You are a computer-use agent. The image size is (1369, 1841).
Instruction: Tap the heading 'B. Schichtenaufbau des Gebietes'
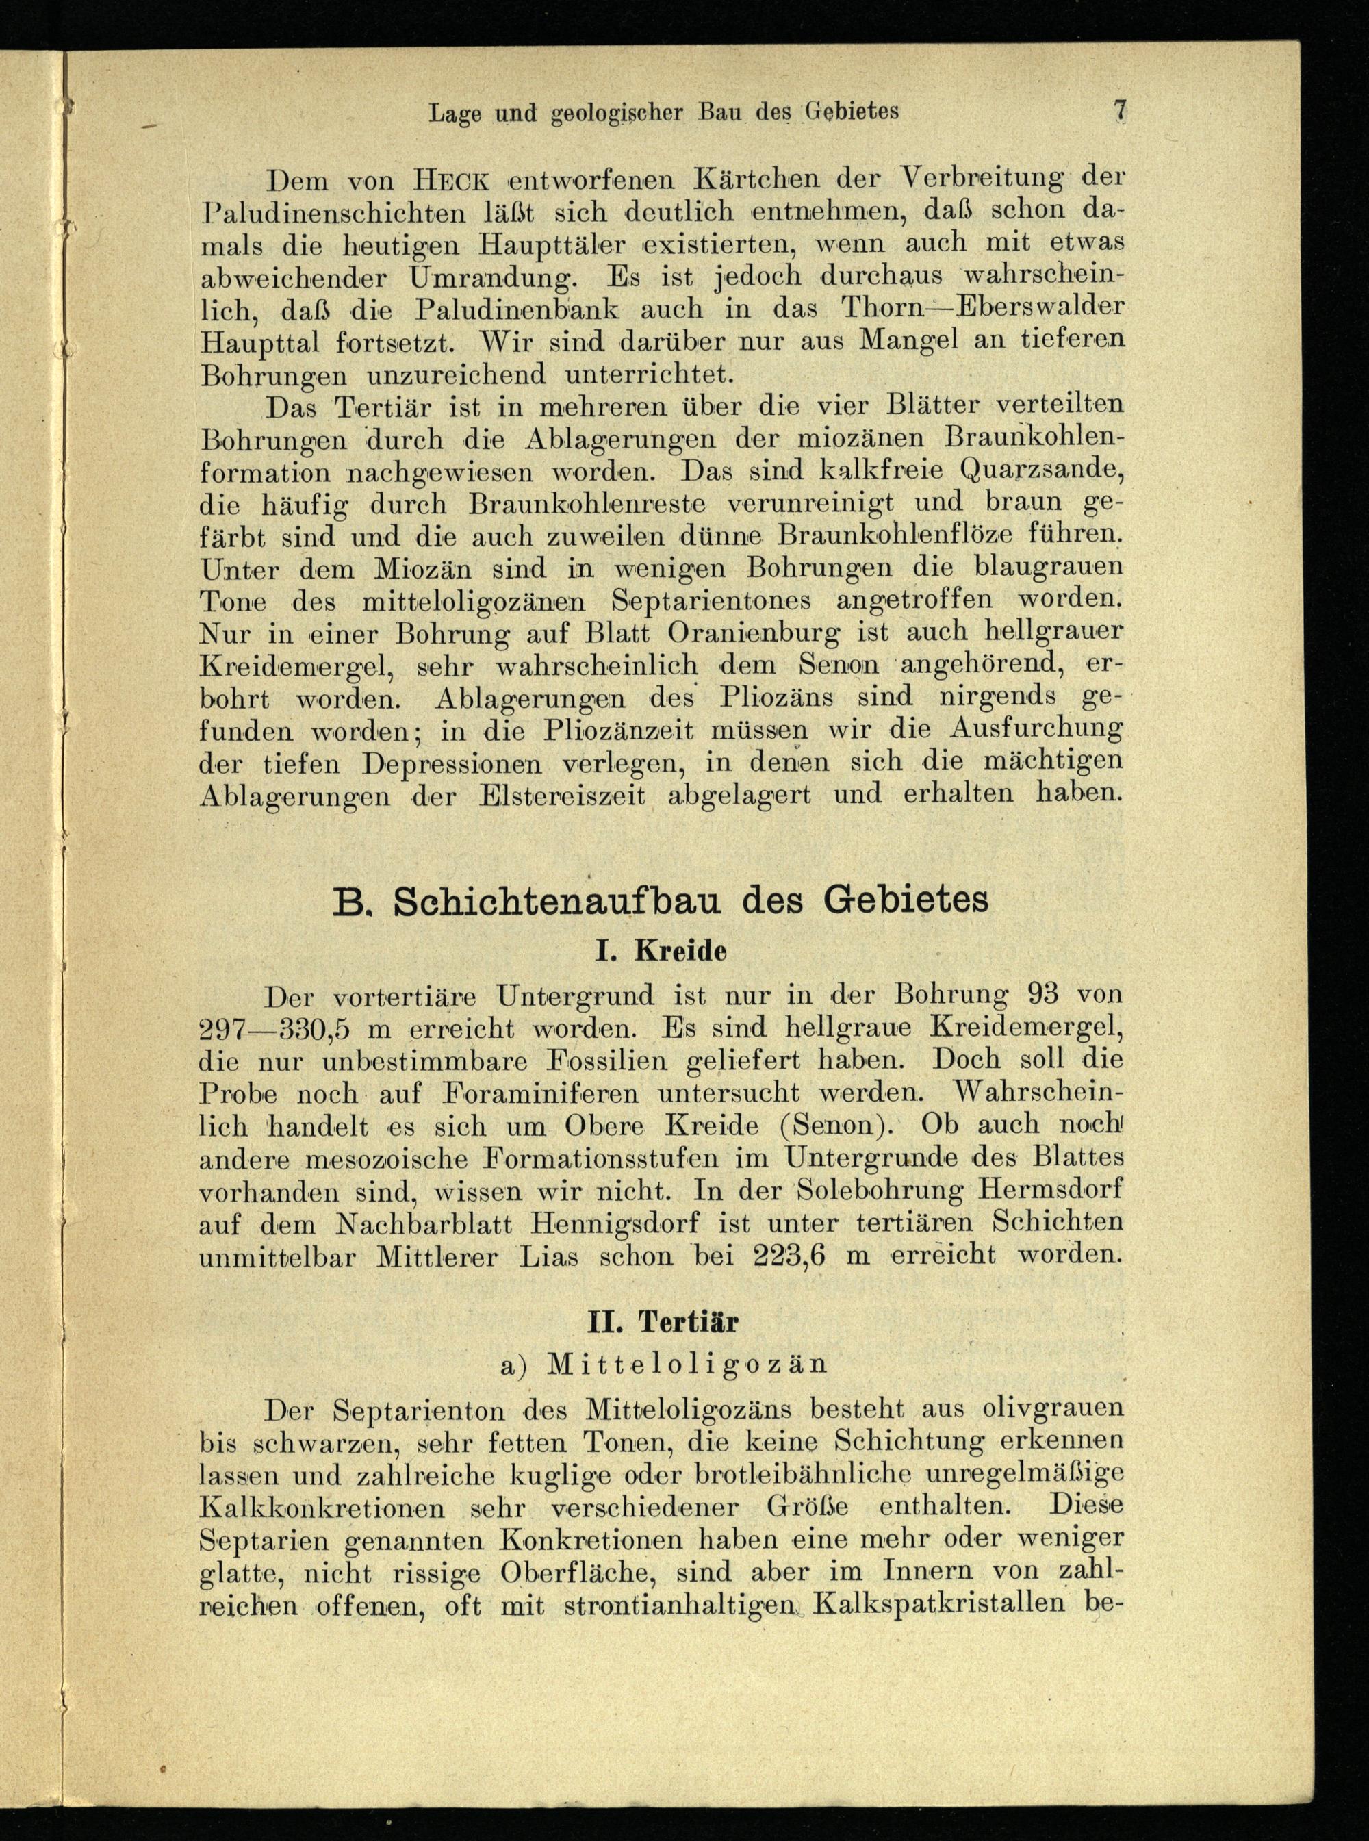click(661, 900)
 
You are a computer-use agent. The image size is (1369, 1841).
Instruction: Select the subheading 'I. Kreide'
click(661, 951)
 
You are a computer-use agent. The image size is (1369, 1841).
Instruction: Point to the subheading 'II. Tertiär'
click(661, 1321)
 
